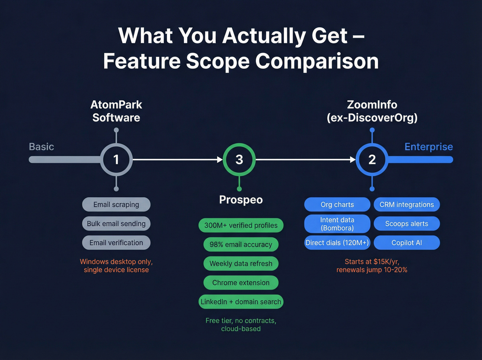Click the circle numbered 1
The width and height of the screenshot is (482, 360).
point(116,160)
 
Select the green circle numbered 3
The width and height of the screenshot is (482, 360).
point(239,160)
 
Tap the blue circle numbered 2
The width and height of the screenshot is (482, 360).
point(372,160)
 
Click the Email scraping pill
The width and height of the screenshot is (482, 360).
point(116,205)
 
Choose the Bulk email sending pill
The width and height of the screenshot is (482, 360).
point(116,224)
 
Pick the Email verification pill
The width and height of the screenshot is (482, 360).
point(116,243)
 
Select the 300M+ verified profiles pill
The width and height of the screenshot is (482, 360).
point(241,225)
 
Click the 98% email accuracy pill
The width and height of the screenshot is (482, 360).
point(241,245)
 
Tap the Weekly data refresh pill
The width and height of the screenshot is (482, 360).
point(241,264)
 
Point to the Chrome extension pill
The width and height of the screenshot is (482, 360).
point(241,283)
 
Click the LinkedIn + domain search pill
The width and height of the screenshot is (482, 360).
point(241,302)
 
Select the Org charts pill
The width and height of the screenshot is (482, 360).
point(337,205)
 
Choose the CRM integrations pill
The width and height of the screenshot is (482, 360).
point(407,205)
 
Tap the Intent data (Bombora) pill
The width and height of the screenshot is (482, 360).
point(337,224)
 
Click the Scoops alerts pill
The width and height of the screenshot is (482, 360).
point(407,224)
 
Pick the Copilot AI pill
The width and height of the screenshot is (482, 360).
point(407,243)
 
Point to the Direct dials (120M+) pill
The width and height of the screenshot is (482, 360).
point(337,243)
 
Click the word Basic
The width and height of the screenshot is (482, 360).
point(42,147)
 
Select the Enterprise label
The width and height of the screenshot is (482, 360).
point(429,147)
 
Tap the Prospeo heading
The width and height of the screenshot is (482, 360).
point(241,200)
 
